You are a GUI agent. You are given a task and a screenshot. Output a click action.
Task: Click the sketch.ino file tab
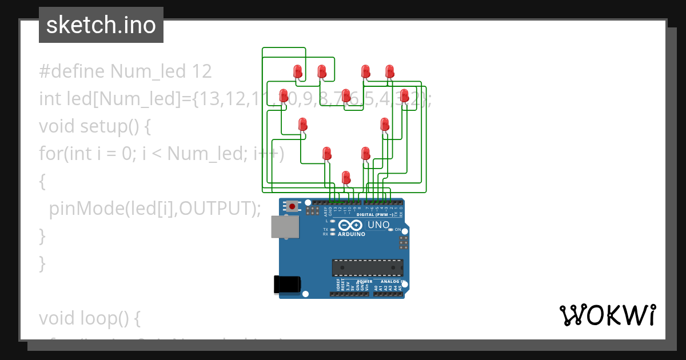[101, 25]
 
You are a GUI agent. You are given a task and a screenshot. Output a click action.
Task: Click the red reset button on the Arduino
[293, 206]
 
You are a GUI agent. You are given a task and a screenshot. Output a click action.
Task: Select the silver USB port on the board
[285, 227]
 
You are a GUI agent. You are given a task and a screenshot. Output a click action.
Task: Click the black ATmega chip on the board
[368, 267]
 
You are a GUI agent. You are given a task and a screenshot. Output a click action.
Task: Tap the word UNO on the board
[378, 225]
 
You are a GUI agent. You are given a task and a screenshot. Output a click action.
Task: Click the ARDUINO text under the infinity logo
[352, 234]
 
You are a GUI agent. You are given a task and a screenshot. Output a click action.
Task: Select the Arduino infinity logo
[349, 225]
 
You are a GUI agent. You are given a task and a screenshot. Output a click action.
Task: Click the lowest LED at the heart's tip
[346, 177]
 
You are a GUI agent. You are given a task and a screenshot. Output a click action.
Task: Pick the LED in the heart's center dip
[346, 95]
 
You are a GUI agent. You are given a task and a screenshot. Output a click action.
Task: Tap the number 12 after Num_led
[202, 71]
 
